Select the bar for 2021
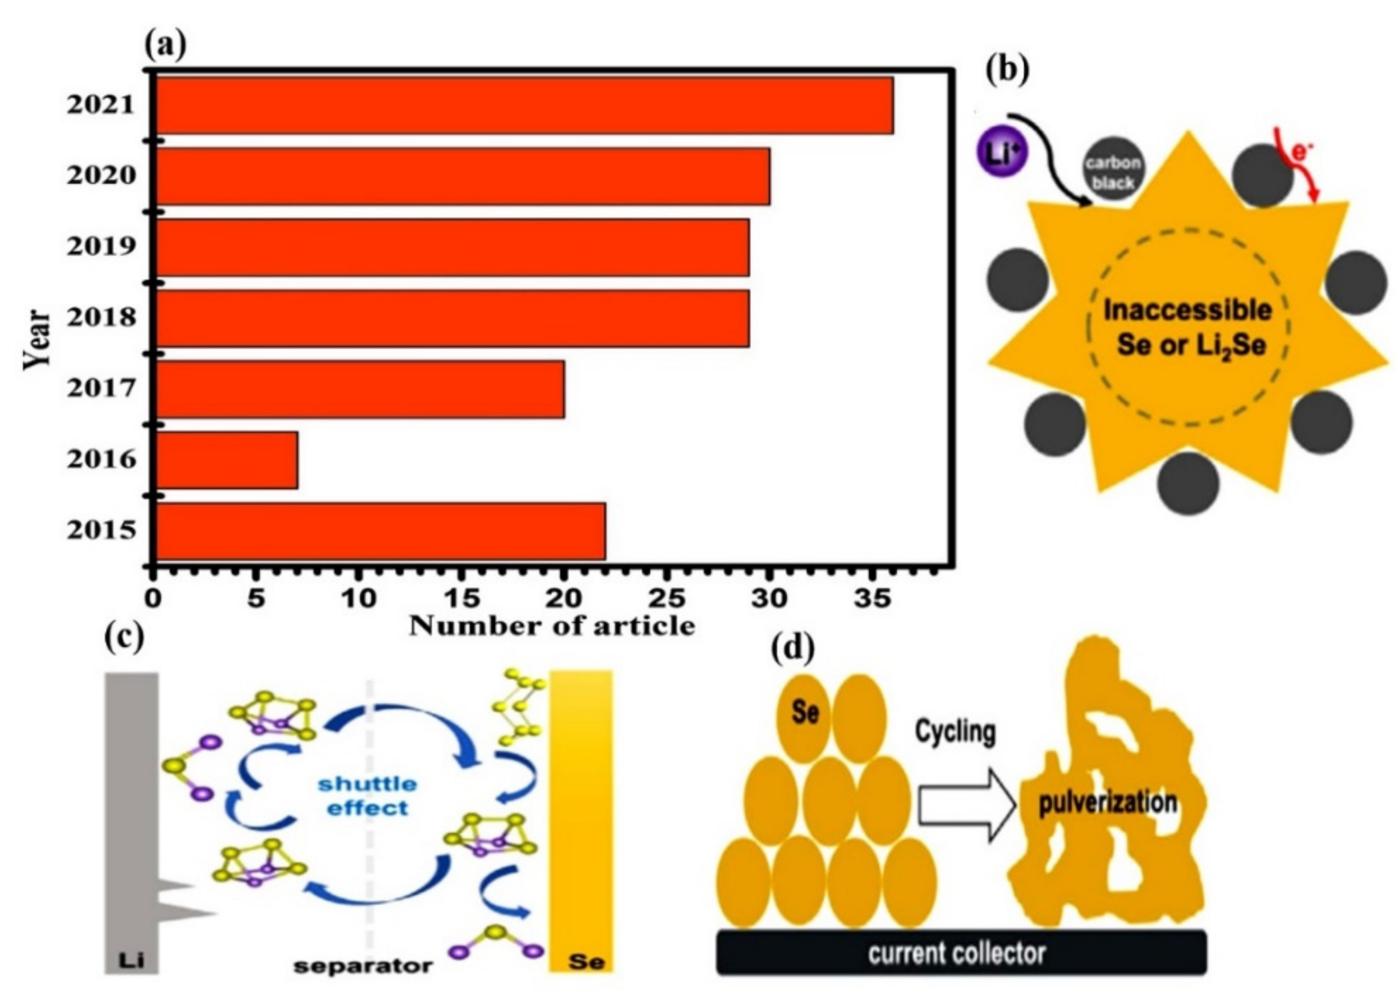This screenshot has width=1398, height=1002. click(524, 105)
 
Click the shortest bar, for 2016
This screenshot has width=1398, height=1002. click(227, 460)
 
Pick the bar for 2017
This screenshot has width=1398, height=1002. click(361, 389)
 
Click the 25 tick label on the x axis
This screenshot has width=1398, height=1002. click(667, 598)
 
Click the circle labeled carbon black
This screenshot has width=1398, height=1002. click(1113, 172)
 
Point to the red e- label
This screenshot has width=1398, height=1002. click(1299, 151)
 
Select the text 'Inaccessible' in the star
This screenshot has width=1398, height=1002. click(1187, 310)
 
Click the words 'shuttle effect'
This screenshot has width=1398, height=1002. click(368, 796)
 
